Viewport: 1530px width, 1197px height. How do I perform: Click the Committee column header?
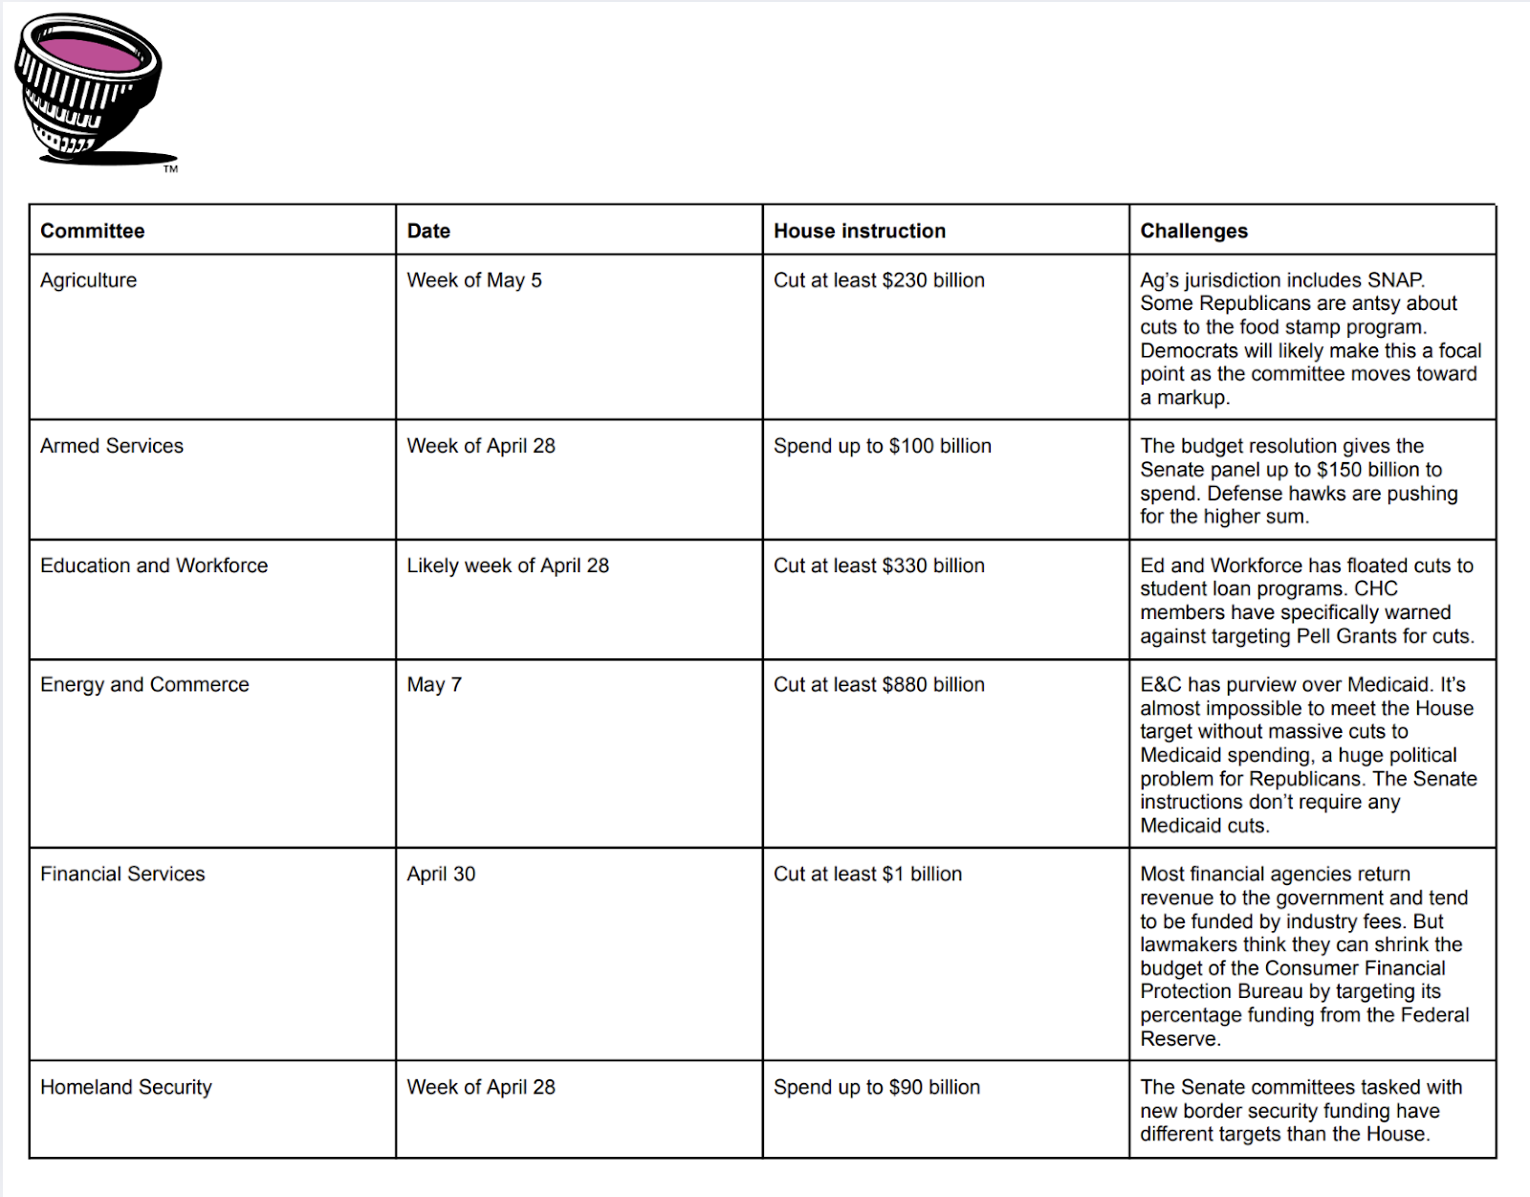click(93, 231)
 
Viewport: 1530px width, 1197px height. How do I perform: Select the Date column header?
click(428, 231)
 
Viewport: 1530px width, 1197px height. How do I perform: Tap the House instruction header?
click(859, 231)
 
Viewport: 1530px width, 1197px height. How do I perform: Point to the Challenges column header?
click(1193, 231)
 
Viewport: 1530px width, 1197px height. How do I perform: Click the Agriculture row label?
click(89, 280)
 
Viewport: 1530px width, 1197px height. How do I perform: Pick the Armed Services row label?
click(112, 446)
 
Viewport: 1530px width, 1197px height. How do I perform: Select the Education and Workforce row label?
click(154, 565)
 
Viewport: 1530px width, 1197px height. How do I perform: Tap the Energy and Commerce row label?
click(144, 684)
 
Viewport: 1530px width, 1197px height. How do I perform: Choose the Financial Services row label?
click(122, 874)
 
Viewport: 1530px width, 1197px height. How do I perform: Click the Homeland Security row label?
click(126, 1087)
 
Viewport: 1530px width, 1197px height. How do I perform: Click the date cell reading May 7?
click(434, 684)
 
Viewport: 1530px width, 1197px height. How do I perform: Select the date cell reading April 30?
click(441, 874)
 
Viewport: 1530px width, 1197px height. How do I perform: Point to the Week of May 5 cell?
click(474, 280)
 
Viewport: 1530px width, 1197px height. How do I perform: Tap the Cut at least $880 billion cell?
click(879, 684)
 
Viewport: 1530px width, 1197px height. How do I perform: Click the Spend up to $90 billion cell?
click(877, 1087)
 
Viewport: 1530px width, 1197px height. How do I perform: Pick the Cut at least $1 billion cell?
click(867, 874)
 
